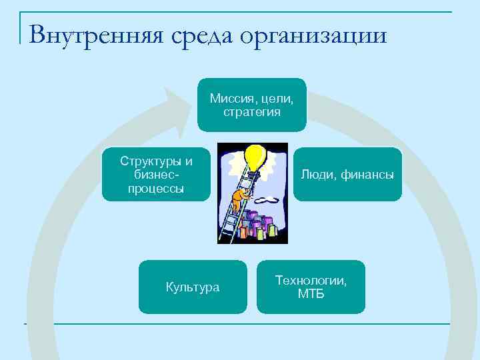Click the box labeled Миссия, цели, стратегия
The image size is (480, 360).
[251, 105]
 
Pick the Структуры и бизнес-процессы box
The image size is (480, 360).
[156, 174]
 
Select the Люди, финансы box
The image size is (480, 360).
[347, 175]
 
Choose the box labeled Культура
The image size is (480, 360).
[192, 287]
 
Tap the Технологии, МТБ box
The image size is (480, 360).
[311, 287]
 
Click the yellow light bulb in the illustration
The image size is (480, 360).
[255, 157]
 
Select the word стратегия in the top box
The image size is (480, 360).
[252, 112]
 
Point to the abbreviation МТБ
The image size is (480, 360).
[311, 293]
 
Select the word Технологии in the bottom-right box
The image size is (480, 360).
[311, 281]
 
